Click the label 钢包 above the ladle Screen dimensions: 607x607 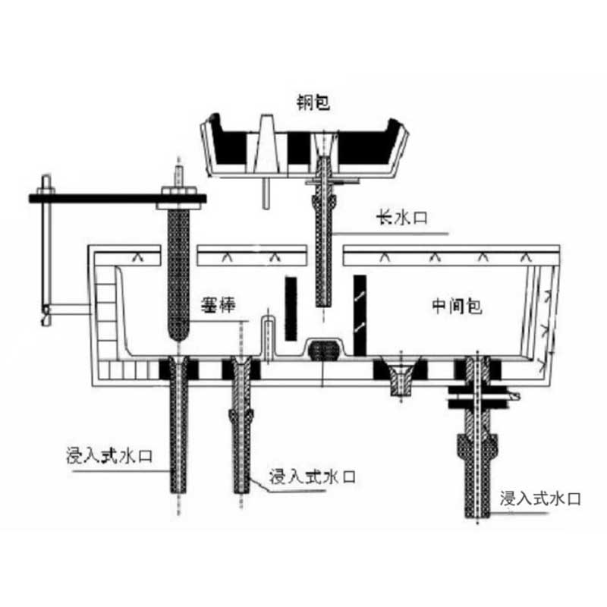pyautogui.click(x=313, y=102)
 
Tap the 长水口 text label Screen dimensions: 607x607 pyautogui.click(x=402, y=217)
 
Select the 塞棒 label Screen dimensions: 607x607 pyautogui.click(x=218, y=305)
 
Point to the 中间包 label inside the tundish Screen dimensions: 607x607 pyautogui.click(x=457, y=307)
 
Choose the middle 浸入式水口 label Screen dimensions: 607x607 pyautogui.click(x=313, y=476)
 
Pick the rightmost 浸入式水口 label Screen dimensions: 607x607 pyautogui.click(x=540, y=498)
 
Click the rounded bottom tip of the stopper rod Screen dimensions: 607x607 pyautogui.click(x=178, y=338)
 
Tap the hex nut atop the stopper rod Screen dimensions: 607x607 pyautogui.click(x=178, y=191)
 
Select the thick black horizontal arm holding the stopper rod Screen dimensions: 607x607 pyautogui.click(x=118, y=199)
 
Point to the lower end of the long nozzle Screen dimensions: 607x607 pyautogui.click(x=324, y=306)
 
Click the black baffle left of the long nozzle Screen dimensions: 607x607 pyautogui.click(x=291, y=309)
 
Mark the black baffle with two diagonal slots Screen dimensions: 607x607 pyautogui.click(x=360, y=315)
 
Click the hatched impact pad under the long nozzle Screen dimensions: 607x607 pyautogui.click(x=324, y=350)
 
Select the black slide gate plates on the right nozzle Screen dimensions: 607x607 pyautogui.click(x=478, y=397)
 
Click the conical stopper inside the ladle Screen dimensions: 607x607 pyautogui.click(x=267, y=143)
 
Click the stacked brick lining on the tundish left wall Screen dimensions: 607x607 pyautogui.click(x=106, y=313)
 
